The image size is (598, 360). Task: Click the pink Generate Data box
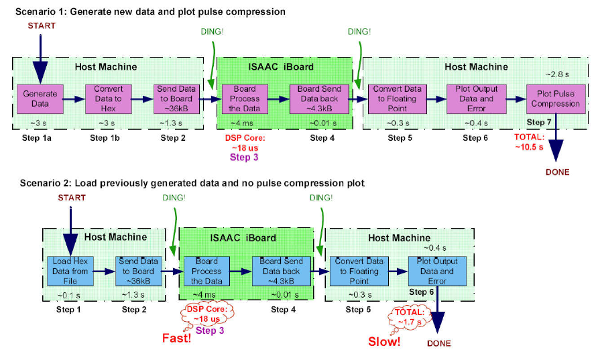point(40,99)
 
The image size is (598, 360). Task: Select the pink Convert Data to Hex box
point(109,99)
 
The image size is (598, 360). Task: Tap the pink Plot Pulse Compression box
point(556,99)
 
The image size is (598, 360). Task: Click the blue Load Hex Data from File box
point(70,271)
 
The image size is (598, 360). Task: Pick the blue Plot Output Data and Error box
point(437,271)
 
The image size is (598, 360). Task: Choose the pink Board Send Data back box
point(319,99)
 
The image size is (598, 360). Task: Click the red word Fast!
point(176,338)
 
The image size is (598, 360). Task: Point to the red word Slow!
point(384,341)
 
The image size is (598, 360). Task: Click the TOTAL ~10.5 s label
point(530,142)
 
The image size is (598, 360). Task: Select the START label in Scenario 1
point(42,26)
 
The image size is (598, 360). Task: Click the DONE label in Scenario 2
point(439,343)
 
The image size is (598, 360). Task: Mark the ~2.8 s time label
point(558,74)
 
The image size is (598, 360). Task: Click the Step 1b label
point(105,138)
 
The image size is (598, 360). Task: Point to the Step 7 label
point(539,122)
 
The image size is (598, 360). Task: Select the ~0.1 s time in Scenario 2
point(68,295)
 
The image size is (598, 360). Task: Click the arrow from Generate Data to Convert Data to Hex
point(74,99)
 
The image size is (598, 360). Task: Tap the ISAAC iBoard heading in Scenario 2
point(243,238)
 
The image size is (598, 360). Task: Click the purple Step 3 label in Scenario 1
point(244,157)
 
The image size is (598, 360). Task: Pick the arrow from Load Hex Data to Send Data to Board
point(105,272)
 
